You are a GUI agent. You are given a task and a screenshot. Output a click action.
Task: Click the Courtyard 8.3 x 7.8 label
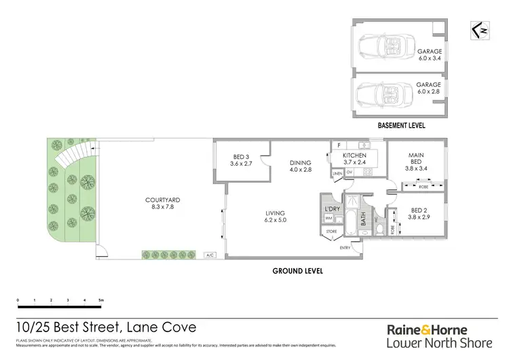pos(163,204)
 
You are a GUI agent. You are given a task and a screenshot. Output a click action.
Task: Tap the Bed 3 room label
pos(242,160)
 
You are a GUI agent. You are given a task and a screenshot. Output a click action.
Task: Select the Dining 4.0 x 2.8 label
pos(299,167)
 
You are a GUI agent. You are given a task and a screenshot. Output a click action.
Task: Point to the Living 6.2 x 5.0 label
pos(276,217)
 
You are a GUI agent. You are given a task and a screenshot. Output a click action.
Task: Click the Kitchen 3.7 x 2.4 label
pos(354,160)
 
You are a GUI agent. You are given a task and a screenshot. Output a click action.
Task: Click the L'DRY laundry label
pos(332,209)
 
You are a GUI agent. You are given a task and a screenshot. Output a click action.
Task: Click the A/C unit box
pos(209,255)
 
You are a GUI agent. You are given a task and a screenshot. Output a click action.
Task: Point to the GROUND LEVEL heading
pos(297,270)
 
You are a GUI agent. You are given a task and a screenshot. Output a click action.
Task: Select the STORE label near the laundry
pos(331,232)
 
